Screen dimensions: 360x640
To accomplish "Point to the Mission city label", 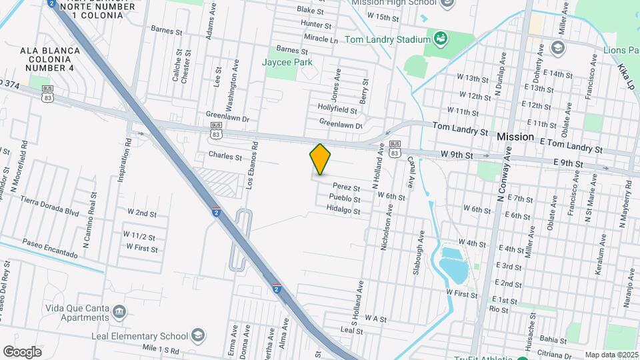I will click(515, 137).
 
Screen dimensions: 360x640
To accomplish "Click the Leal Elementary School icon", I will click(198, 335).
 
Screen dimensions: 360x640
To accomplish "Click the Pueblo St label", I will click(345, 199).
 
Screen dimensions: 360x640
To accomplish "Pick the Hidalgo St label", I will click(343, 211).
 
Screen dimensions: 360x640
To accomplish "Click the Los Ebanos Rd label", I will click(252, 165).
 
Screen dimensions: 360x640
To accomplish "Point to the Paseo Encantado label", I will click(50, 249).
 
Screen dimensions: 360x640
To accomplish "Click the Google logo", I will click(22, 351).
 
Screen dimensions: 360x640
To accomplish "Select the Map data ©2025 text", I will click(611, 355).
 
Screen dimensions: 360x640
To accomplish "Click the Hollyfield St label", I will click(337, 108).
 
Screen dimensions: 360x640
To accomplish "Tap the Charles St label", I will click(225, 157).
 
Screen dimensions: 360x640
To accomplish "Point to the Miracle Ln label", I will click(319, 39).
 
